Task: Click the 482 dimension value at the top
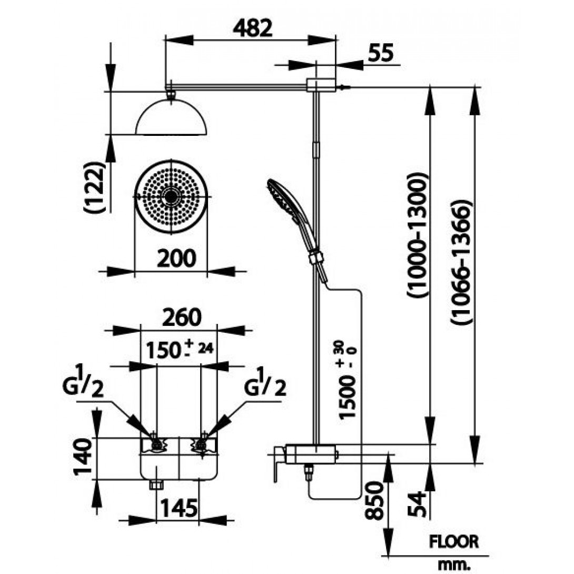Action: click(x=253, y=28)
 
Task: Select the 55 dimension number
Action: click(x=381, y=53)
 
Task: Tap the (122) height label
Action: click(x=95, y=187)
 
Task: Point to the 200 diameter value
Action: click(x=176, y=258)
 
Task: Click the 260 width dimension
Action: click(x=182, y=317)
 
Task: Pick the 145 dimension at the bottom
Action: click(x=179, y=508)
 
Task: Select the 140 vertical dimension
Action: click(x=83, y=456)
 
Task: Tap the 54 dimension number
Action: click(x=418, y=504)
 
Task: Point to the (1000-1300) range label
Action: click(x=417, y=235)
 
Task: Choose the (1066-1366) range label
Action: click(x=461, y=262)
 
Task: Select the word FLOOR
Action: click(x=453, y=542)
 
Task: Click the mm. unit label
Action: click(x=453, y=565)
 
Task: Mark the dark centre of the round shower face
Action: click(x=171, y=196)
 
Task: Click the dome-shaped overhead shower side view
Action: click(x=171, y=117)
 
